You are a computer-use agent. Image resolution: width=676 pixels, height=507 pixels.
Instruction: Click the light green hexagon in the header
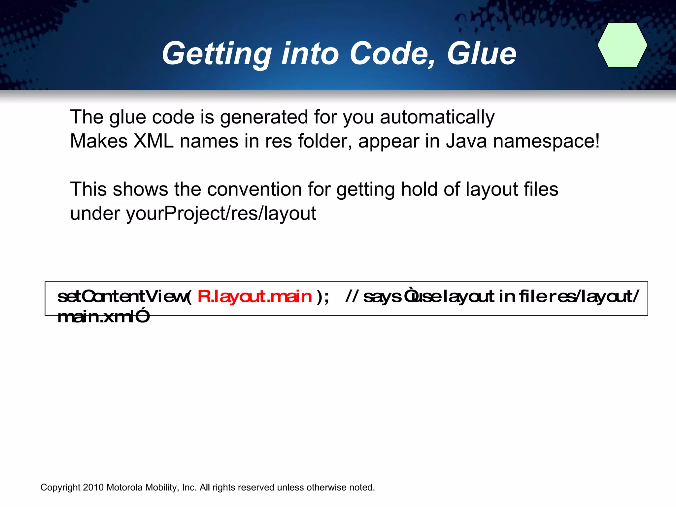(622, 45)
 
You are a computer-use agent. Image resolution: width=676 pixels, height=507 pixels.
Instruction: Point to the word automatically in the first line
(437, 118)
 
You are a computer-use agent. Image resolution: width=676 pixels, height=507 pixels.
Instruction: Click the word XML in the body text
(153, 141)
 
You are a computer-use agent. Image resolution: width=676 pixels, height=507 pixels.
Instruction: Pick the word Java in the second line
(466, 141)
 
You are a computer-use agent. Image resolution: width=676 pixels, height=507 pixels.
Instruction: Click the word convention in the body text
(254, 189)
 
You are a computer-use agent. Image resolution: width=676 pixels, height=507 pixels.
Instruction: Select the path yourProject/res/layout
(221, 214)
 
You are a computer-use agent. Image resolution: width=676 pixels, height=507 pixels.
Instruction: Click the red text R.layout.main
(254, 296)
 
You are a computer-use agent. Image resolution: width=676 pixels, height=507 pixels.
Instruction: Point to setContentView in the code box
(122, 296)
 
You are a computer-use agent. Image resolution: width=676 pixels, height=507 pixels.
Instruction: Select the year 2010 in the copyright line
(93, 488)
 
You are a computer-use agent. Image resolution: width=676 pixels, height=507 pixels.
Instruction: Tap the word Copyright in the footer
(60, 488)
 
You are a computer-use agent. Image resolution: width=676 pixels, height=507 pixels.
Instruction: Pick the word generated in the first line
(264, 118)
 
